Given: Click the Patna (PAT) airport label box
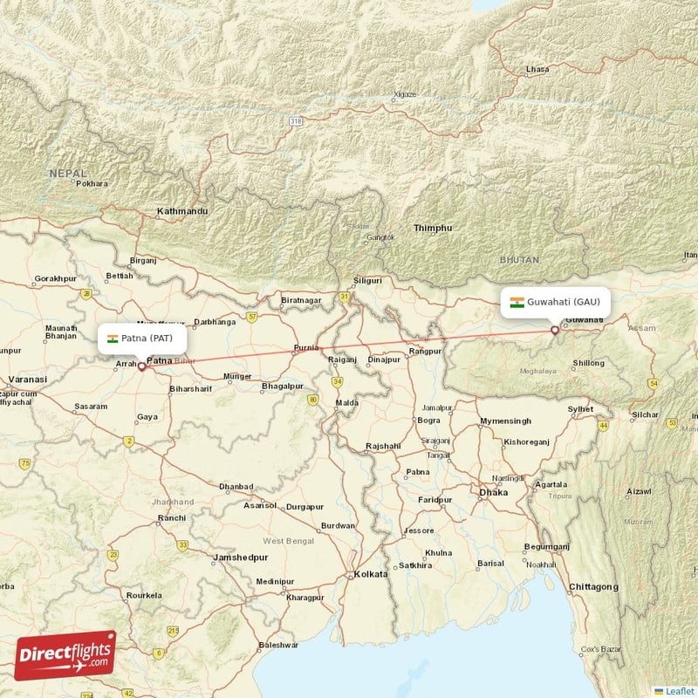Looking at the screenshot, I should [x=142, y=338].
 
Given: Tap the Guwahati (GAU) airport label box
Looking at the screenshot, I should [x=555, y=302].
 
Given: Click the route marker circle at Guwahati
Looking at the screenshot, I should [x=555, y=330].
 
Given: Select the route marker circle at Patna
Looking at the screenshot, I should [x=141, y=366].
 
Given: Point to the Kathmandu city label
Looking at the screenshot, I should [x=182, y=212].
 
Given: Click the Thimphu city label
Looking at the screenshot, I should [x=433, y=229].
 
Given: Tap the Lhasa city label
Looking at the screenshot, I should [x=538, y=69].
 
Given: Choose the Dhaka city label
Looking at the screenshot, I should [x=493, y=492].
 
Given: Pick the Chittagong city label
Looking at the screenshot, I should [x=593, y=586].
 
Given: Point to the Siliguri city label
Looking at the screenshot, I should [x=367, y=281].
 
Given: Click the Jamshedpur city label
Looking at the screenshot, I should [x=240, y=557].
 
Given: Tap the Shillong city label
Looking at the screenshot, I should [x=587, y=363].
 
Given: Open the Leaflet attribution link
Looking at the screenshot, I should [x=679, y=691].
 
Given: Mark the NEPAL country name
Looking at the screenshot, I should [x=68, y=174].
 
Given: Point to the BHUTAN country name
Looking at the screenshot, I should [x=519, y=260].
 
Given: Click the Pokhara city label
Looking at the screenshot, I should [x=92, y=184].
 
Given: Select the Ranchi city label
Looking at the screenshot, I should [x=171, y=518].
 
